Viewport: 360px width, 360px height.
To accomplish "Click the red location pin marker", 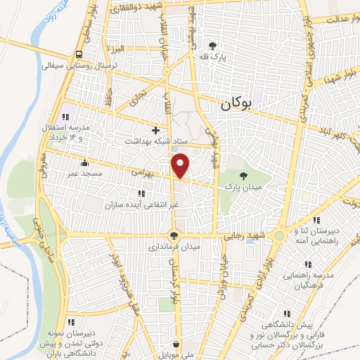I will [181, 165].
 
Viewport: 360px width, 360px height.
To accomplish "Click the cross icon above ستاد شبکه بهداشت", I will [156, 130].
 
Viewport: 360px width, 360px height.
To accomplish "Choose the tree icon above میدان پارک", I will [243, 176].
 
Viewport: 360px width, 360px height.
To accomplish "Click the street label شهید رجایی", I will [246, 238].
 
